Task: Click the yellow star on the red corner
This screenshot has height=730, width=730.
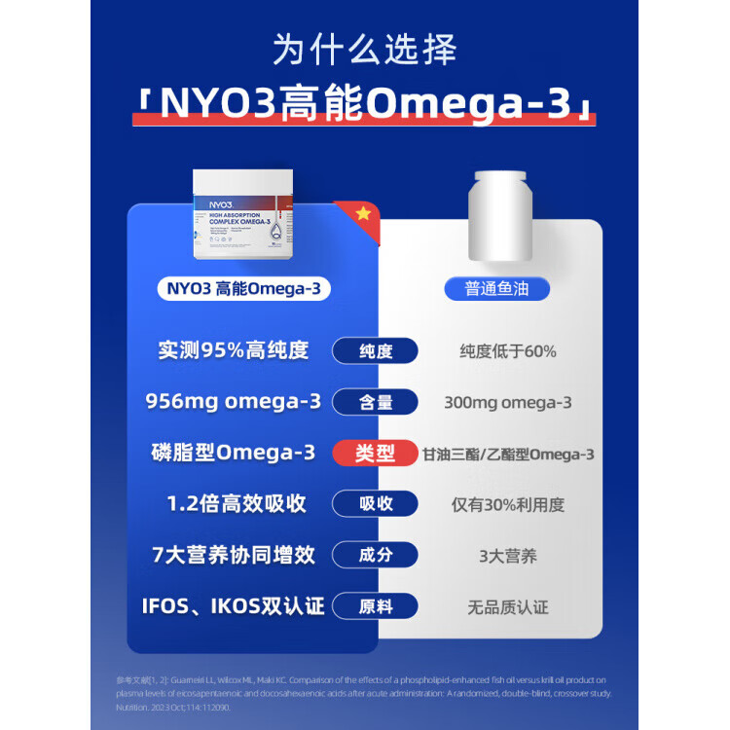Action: (x=363, y=214)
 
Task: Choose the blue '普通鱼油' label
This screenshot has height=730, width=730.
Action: (x=496, y=289)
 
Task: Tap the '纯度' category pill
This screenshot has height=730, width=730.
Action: (x=375, y=351)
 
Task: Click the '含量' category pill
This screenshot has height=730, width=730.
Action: (x=375, y=402)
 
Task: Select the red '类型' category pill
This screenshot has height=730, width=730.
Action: (x=375, y=454)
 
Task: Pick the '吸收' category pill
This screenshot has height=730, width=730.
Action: (x=375, y=504)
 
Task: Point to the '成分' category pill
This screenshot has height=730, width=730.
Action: (x=375, y=556)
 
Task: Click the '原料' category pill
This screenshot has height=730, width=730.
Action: (x=375, y=606)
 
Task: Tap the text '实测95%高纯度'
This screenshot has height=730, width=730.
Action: (x=234, y=350)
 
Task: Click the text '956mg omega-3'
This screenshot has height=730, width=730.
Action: (x=234, y=402)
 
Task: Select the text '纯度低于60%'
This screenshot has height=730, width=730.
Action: (x=508, y=351)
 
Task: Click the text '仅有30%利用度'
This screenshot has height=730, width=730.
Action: (x=508, y=505)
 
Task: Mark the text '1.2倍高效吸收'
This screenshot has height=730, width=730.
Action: (x=234, y=504)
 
